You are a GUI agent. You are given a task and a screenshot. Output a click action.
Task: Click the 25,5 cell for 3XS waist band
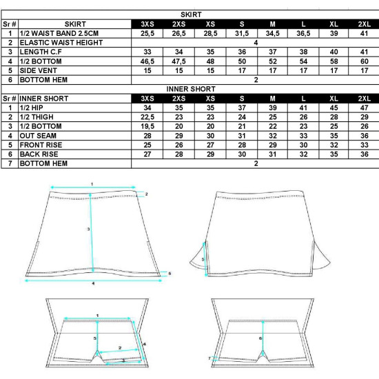[147, 33]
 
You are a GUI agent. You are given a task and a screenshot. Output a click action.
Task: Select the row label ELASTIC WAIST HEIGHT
[61, 43]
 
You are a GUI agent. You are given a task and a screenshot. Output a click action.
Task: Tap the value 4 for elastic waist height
[256, 43]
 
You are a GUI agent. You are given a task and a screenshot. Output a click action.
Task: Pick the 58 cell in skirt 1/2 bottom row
[334, 61]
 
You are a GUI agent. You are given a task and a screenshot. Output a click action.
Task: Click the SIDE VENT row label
[38, 70]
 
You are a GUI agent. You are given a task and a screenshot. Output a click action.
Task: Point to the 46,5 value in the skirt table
[147, 61]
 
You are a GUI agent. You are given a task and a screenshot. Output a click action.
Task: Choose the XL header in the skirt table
[334, 24]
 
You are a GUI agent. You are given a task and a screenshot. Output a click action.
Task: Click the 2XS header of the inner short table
[179, 99]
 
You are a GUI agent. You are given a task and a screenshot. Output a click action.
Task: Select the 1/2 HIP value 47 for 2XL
[365, 107]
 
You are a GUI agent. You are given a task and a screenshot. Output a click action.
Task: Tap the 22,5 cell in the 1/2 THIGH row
[147, 117]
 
